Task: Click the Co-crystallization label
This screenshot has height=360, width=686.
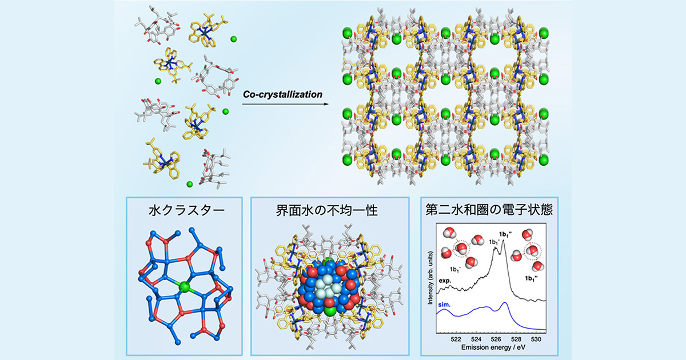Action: pos(282,95)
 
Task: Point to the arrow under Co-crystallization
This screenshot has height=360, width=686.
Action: pos(285,104)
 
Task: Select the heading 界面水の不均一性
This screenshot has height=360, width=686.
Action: pos(327,211)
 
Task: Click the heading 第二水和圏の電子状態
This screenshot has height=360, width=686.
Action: pos(489,210)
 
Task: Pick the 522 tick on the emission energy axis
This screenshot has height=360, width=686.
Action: pos(456,339)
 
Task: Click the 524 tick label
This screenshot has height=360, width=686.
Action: pos(476,339)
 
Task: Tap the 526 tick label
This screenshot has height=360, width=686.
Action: pos(496,339)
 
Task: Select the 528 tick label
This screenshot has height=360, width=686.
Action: pos(516,339)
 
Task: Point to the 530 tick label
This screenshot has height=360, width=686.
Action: pos(536,339)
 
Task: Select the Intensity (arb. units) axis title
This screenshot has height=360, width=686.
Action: pos(430,278)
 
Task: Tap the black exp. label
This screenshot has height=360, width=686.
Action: pos(445,281)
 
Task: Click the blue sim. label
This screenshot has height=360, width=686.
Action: pos(444,305)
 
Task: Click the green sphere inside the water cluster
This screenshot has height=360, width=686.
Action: pos(184,287)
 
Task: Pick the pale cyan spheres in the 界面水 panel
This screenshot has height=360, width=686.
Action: pos(328,286)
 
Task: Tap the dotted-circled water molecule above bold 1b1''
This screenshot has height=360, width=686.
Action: pos(533,251)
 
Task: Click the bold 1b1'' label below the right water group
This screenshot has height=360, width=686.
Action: pos(531,278)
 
